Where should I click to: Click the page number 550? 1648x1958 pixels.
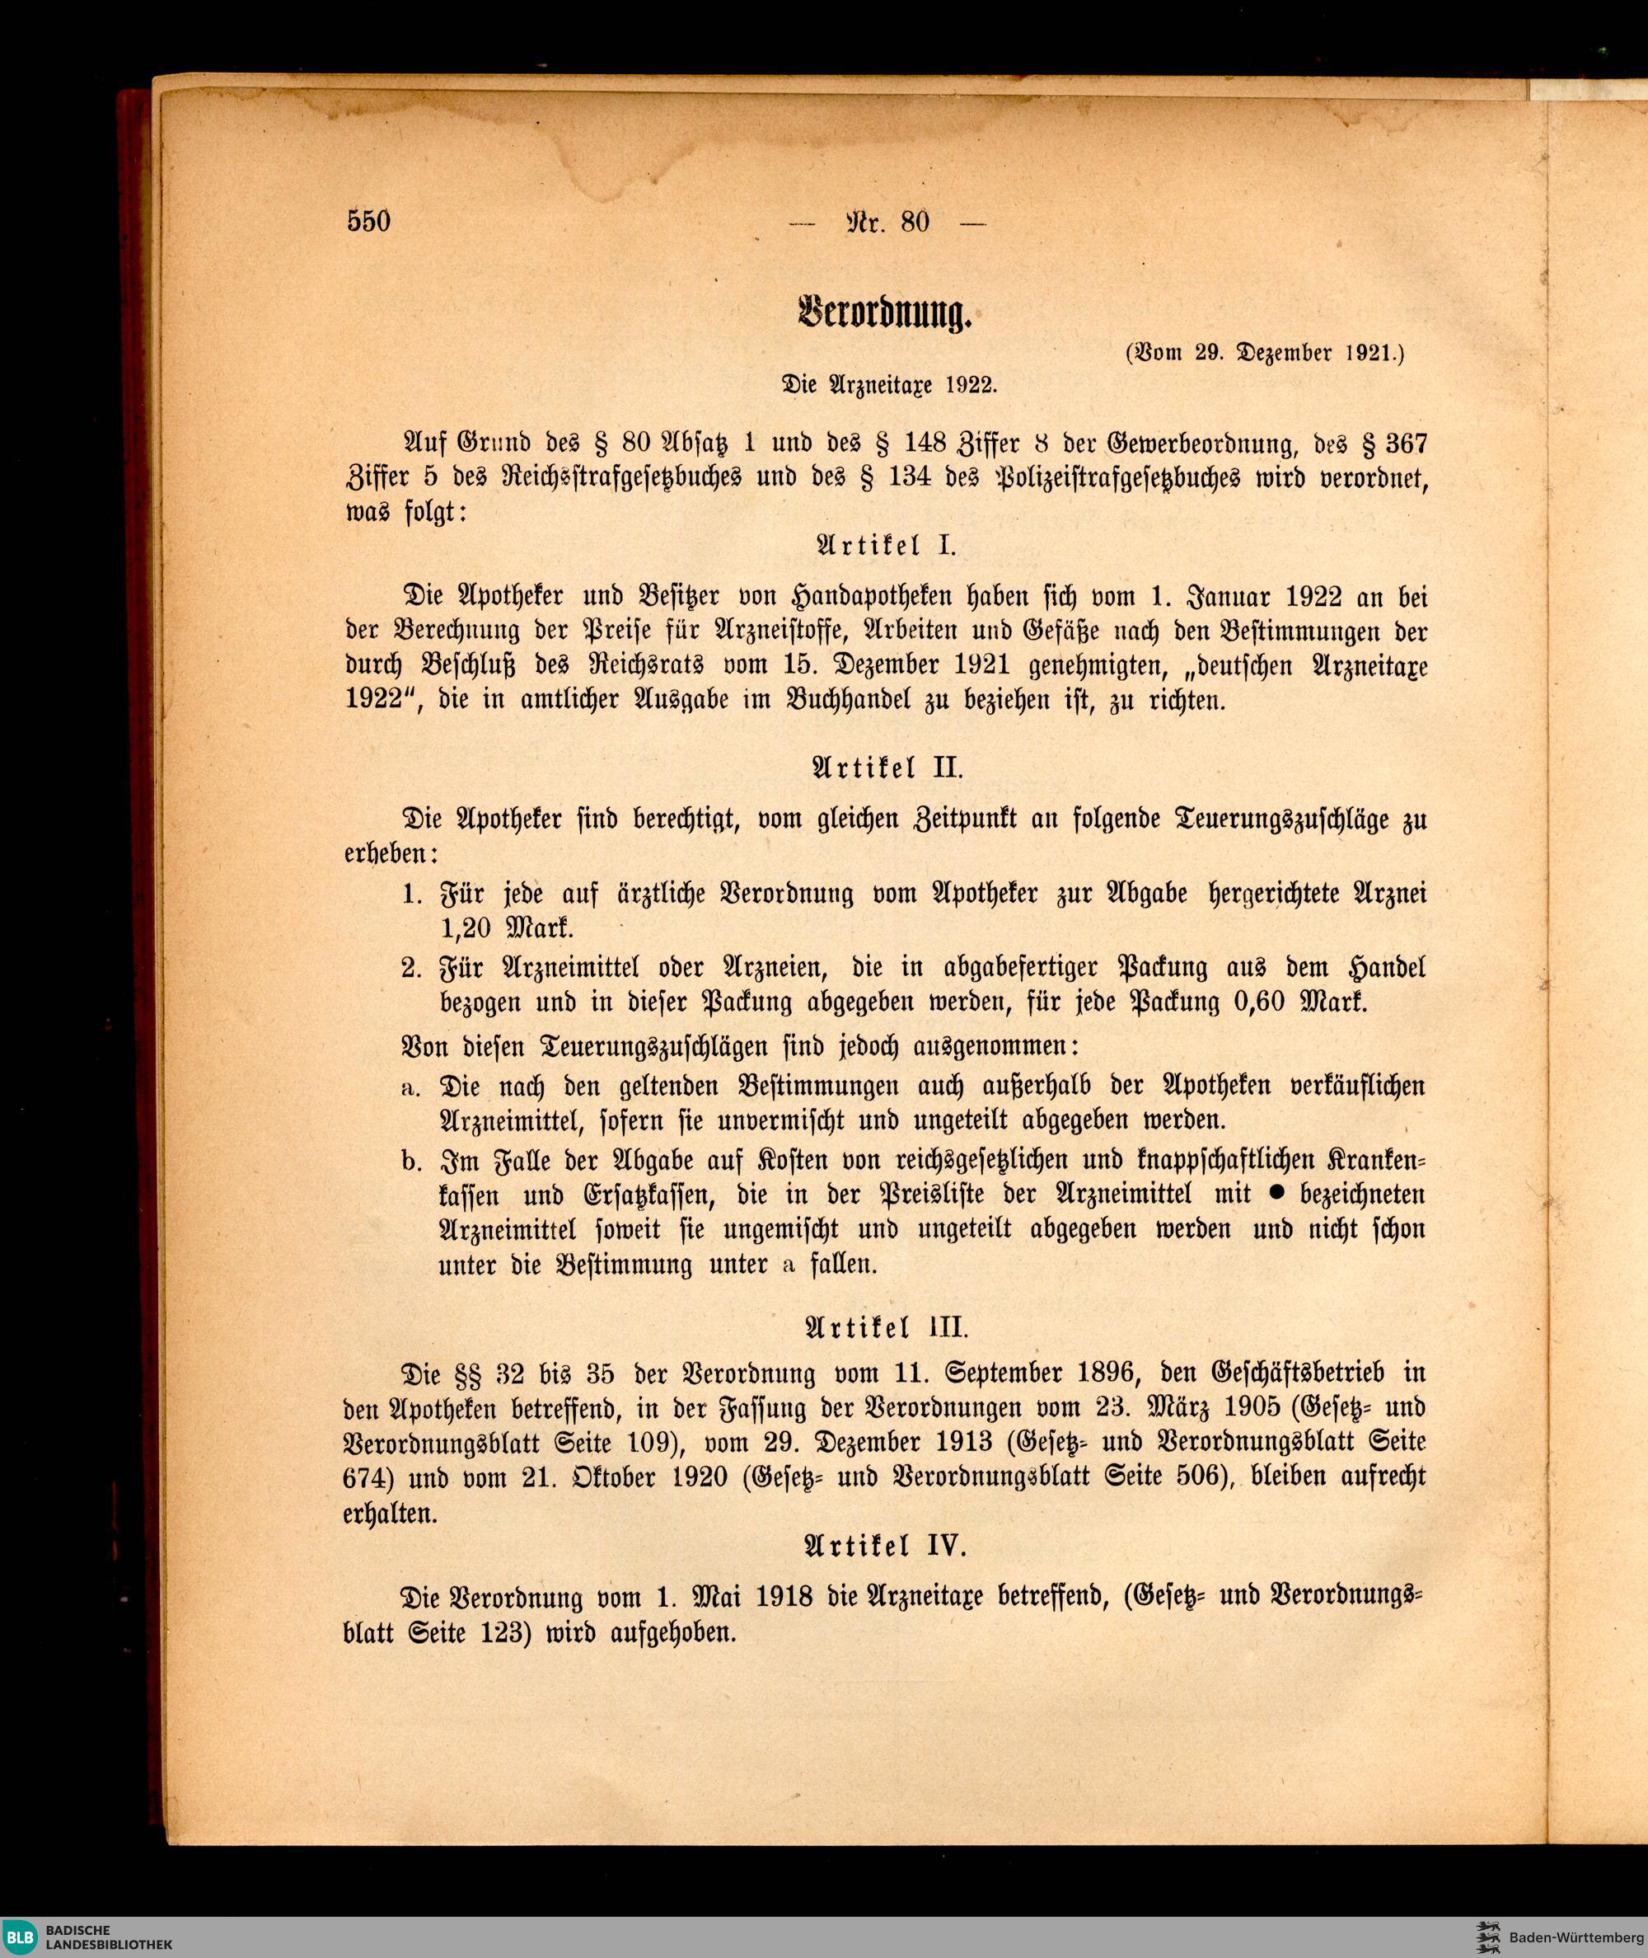[x=368, y=223]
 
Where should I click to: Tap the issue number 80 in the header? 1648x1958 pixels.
[x=915, y=223]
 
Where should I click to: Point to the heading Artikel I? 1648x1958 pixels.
[x=887, y=546]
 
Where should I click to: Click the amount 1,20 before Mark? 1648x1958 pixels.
[x=466, y=930]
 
